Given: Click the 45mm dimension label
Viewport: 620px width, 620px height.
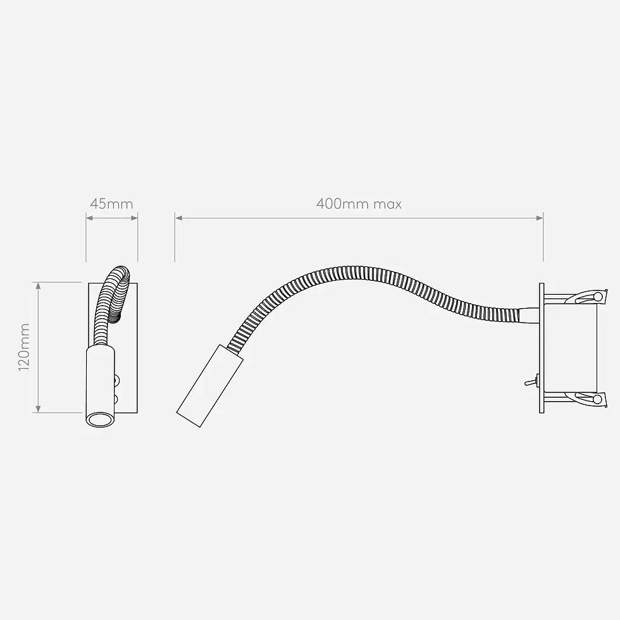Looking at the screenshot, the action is [111, 204].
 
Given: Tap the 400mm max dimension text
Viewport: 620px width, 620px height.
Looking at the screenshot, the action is [359, 204].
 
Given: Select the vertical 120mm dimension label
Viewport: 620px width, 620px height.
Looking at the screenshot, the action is [24, 347].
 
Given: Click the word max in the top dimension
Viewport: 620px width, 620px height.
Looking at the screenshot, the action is [387, 204].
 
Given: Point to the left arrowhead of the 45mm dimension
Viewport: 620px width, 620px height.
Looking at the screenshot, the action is [89, 218].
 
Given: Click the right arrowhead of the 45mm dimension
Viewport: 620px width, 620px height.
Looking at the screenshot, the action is [134, 218].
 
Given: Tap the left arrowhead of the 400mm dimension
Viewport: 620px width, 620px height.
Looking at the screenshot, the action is [178, 218].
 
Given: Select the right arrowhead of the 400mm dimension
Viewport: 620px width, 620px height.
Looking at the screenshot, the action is [539, 218].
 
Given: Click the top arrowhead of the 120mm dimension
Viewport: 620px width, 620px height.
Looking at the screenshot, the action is [39, 286].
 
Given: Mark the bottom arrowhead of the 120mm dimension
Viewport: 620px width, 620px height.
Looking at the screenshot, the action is [39, 409].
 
